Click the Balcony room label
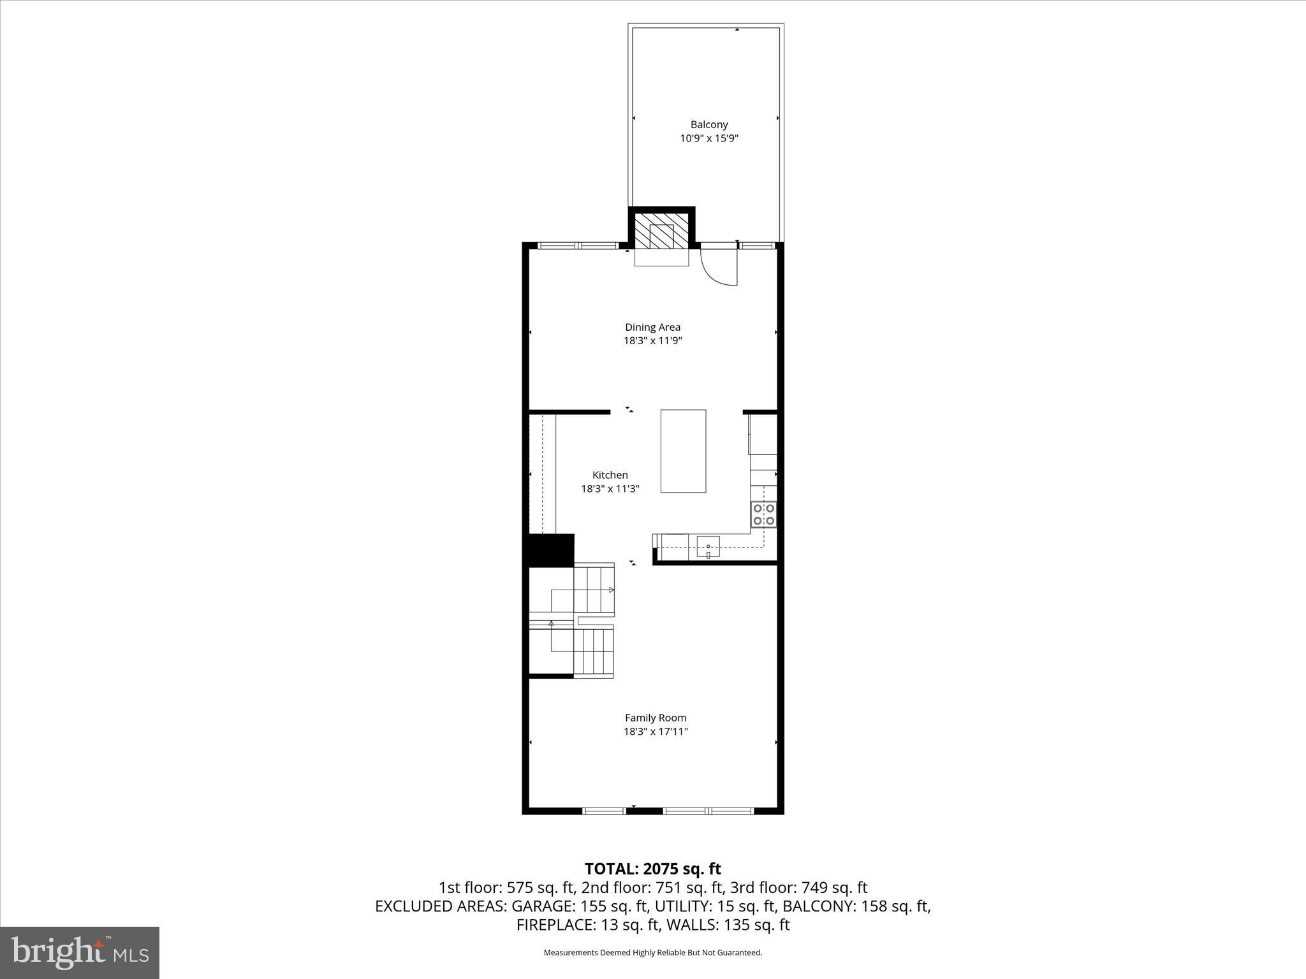(x=708, y=125)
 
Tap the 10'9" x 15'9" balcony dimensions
(x=708, y=138)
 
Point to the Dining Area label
(x=652, y=327)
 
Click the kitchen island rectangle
(x=683, y=451)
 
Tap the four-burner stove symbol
(x=763, y=514)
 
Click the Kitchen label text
(x=610, y=475)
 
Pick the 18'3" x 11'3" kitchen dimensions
(x=610, y=489)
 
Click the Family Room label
(x=655, y=718)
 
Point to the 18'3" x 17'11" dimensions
(x=655, y=732)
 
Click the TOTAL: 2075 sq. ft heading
(x=652, y=869)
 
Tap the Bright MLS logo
(x=80, y=952)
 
